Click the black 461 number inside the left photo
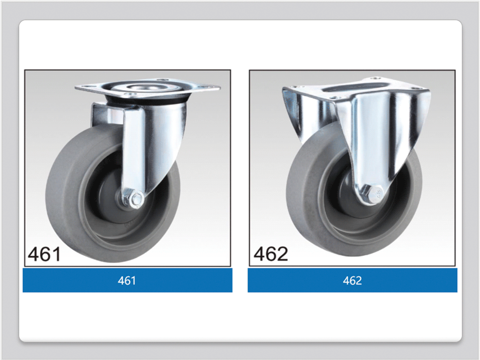[x=44, y=254]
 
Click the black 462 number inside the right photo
[x=271, y=254]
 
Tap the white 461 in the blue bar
[x=126, y=280]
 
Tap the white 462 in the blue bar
[x=352, y=280]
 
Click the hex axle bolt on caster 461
[x=136, y=199]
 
